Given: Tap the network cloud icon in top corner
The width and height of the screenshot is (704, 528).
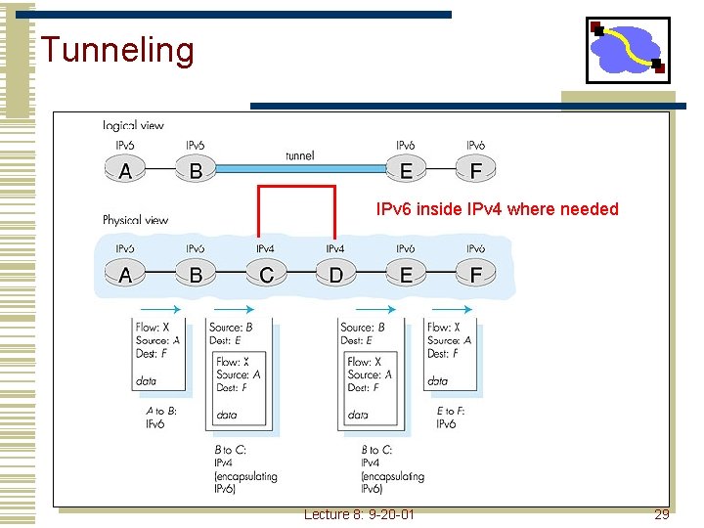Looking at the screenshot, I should click(x=627, y=50).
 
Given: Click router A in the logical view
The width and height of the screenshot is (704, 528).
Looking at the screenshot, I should click(x=125, y=171).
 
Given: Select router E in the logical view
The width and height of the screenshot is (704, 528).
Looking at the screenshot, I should click(x=406, y=171).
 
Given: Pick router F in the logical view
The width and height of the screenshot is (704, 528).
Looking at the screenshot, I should click(x=476, y=171).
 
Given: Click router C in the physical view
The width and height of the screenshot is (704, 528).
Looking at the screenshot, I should click(x=266, y=275).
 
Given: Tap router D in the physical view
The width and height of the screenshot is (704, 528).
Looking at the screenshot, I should click(x=336, y=275).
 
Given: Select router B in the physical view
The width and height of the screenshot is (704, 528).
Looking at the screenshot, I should click(x=196, y=275).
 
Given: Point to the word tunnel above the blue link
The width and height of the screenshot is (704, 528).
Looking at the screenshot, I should click(x=299, y=155).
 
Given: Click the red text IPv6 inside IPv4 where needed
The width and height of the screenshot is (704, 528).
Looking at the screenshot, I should click(x=498, y=208).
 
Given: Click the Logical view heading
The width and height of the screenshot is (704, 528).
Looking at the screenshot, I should click(x=133, y=125).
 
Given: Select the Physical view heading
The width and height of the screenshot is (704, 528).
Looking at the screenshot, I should click(x=136, y=220).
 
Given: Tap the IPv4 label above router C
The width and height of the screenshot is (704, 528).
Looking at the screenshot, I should click(x=266, y=249).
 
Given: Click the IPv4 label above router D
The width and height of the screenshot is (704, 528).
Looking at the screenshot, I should click(x=335, y=249).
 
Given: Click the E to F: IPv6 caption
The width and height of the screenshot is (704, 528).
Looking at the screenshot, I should click(x=452, y=418).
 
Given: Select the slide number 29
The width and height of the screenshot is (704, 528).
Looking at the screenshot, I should click(x=661, y=513).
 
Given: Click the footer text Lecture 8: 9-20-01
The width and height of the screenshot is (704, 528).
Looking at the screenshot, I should click(x=359, y=513).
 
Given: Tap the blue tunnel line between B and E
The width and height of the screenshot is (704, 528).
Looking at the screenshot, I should click(x=299, y=168).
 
